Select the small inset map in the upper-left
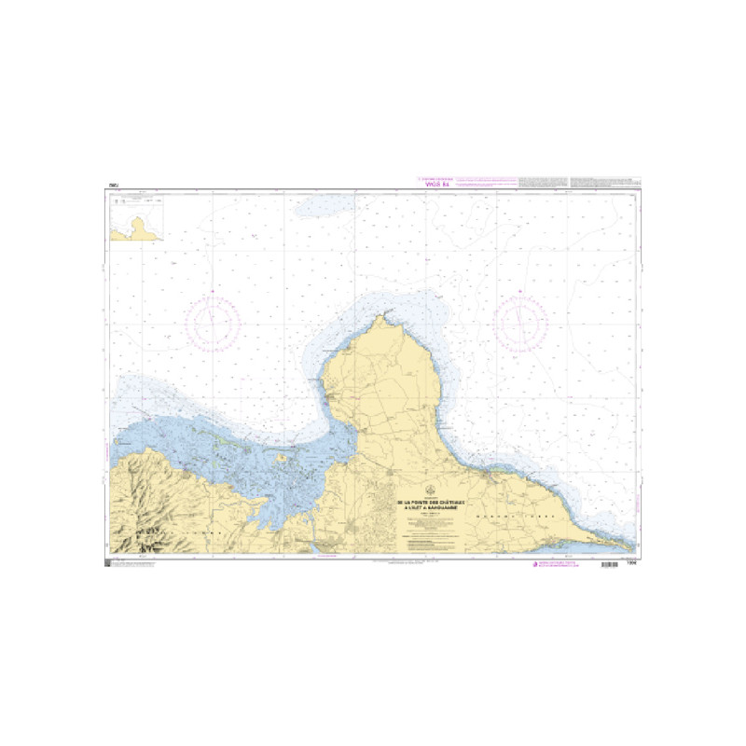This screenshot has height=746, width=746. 136,219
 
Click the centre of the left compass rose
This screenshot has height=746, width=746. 213,322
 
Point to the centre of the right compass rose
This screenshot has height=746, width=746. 520,322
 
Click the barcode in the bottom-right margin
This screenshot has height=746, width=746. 617,565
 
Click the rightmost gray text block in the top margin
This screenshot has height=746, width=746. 604,181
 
